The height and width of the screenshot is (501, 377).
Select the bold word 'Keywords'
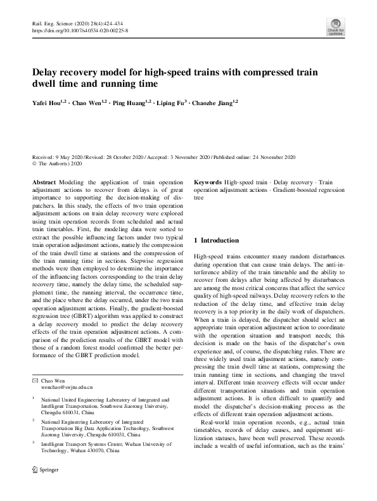[x=207, y=182]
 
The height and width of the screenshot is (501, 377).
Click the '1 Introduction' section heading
[x=216, y=240]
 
